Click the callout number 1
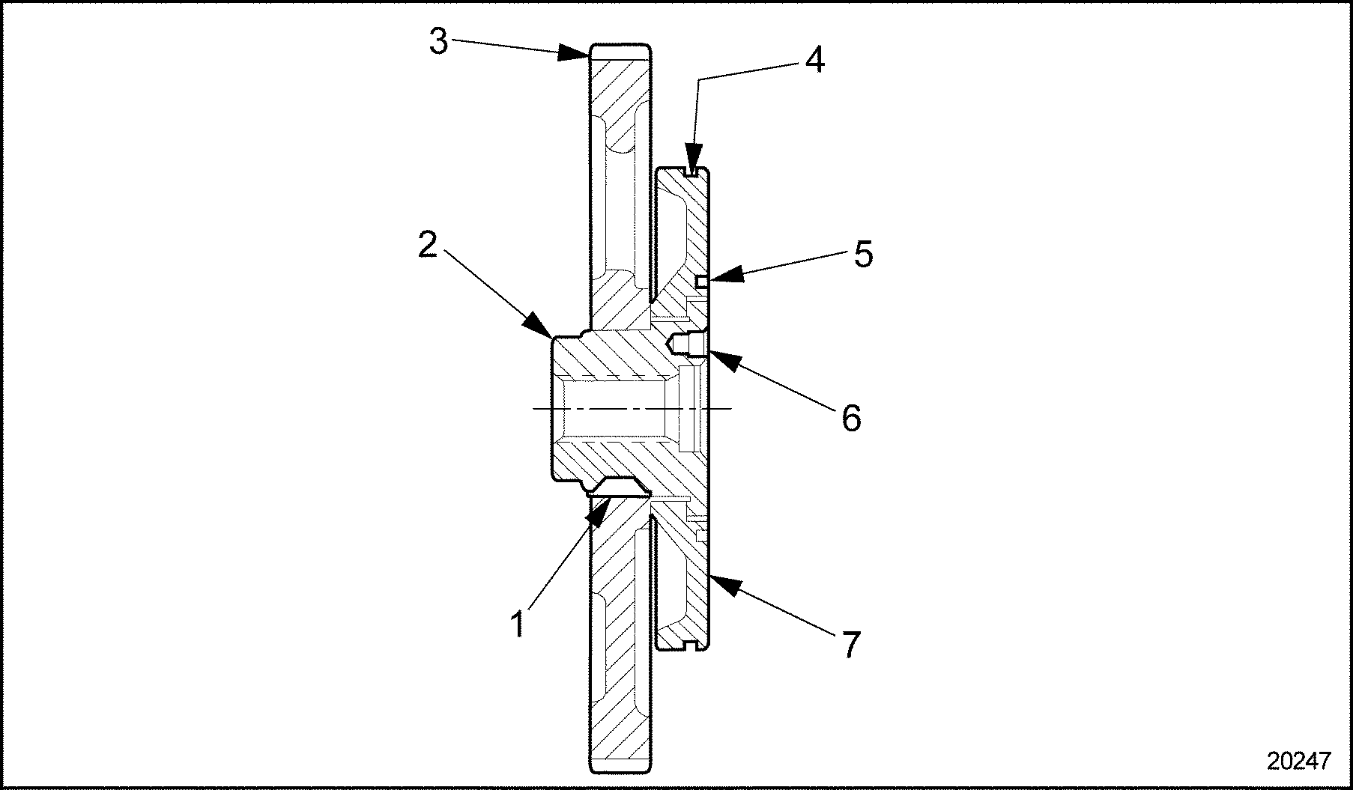[x=518, y=624]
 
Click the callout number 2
[x=427, y=245]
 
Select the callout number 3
[x=439, y=42]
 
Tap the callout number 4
[x=814, y=60]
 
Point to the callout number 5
[x=863, y=255]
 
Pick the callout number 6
[x=851, y=418]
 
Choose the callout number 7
[x=850, y=644]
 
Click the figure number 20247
[x=1299, y=761]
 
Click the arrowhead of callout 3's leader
[x=581, y=52]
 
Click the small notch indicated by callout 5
[x=701, y=282]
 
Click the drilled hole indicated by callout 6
[x=685, y=344]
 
